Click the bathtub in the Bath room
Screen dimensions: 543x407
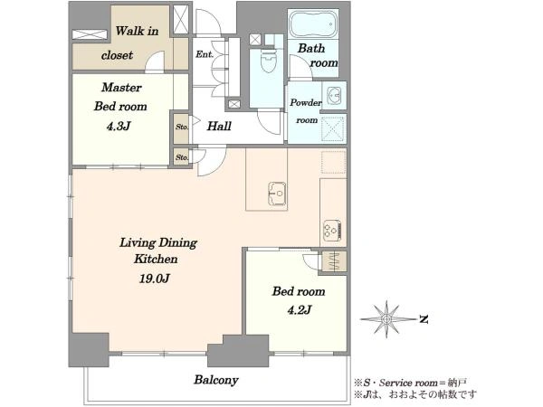[x=313, y=24]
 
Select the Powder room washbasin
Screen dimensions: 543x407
[x=334, y=94]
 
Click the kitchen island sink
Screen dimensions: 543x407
[x=277, y=194]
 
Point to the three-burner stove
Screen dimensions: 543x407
[x=333, y=230]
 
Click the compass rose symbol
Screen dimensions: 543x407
[x=386, y=318]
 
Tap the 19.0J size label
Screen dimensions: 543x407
[x=155, y=279]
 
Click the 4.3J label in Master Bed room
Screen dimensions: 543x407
[x=118, y=126]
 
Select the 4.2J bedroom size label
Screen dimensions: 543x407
[x=299, y=309]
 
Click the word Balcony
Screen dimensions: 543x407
[x=216, y=380]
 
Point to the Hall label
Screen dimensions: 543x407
[x=219, y=126]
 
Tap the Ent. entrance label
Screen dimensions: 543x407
[x=205, y=54]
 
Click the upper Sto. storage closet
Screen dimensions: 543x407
[x=181, y=128]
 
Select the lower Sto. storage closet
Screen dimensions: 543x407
[x=182, y=157]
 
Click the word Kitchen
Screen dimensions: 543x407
[x=156, y=259]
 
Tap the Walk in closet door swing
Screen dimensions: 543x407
[x=154, y=62]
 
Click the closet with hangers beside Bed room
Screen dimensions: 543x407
[x=334, y=261]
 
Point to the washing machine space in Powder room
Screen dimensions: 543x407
[x=333, y=129]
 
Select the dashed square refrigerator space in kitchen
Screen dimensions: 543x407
[x=334, y=162]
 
